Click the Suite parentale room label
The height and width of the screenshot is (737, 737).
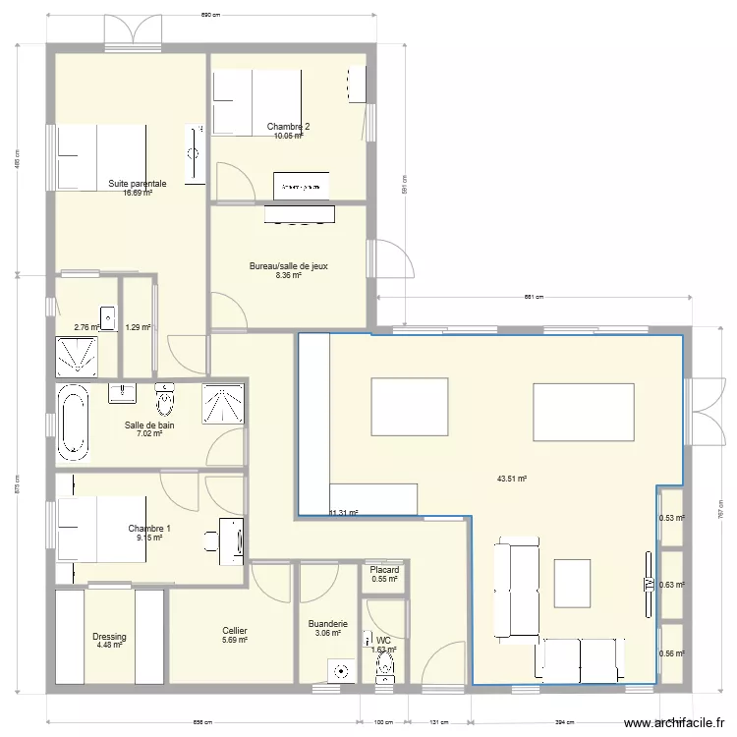(x=138, y=184)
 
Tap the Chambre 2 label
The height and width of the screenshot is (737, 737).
(x=288, y=127)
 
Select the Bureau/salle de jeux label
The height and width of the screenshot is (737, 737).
(x=288, y=265)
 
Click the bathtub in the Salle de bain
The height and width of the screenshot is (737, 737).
(x=74, y=423)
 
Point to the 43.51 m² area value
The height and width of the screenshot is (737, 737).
(x=512, y=479)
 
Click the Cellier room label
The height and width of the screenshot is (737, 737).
(x=234, y=631)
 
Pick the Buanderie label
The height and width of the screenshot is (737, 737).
(x=327, y=624)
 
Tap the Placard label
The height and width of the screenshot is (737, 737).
(x=384, y=570)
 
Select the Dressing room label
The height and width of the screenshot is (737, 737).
(x=109, y=637)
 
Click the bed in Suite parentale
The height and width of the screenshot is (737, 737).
(x=102, y=154)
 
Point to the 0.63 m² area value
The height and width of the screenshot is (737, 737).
(x=671, y=585)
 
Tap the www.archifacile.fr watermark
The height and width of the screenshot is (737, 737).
(x=679, y=723)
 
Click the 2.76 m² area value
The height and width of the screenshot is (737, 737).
(x=86, y=328)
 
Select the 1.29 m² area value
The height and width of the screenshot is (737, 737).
(x=138, y=328)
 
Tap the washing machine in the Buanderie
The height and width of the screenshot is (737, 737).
(x=342, y=671)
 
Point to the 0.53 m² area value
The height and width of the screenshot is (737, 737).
(x=671, y=519)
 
